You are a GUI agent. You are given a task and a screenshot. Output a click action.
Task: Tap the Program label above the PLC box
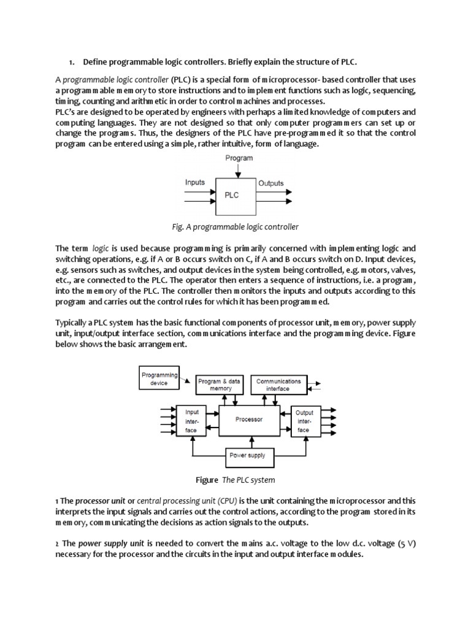coord(238,158)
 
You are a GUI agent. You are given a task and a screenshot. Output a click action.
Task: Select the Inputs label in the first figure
coord(195,182)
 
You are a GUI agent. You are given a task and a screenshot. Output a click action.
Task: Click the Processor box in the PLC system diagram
coord(249,420)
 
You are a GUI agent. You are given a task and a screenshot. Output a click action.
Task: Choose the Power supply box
coord(247,456)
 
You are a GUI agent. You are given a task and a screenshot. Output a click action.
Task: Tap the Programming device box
coord(159,379)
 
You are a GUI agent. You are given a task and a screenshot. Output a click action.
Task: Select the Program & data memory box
coord(220,385)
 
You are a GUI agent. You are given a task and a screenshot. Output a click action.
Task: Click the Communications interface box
coord(278,385)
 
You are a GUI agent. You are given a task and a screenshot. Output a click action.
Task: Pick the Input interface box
coord(192,421)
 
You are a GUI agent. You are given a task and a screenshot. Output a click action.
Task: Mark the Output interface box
coord(305,421)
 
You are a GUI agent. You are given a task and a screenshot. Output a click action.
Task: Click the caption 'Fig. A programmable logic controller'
coord(236,227)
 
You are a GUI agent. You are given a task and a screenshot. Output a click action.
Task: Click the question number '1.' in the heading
coord(71,63)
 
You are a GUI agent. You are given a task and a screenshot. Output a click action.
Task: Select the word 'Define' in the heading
coord(96,63)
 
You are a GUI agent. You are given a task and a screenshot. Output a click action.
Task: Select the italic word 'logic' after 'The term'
coord(100,248)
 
